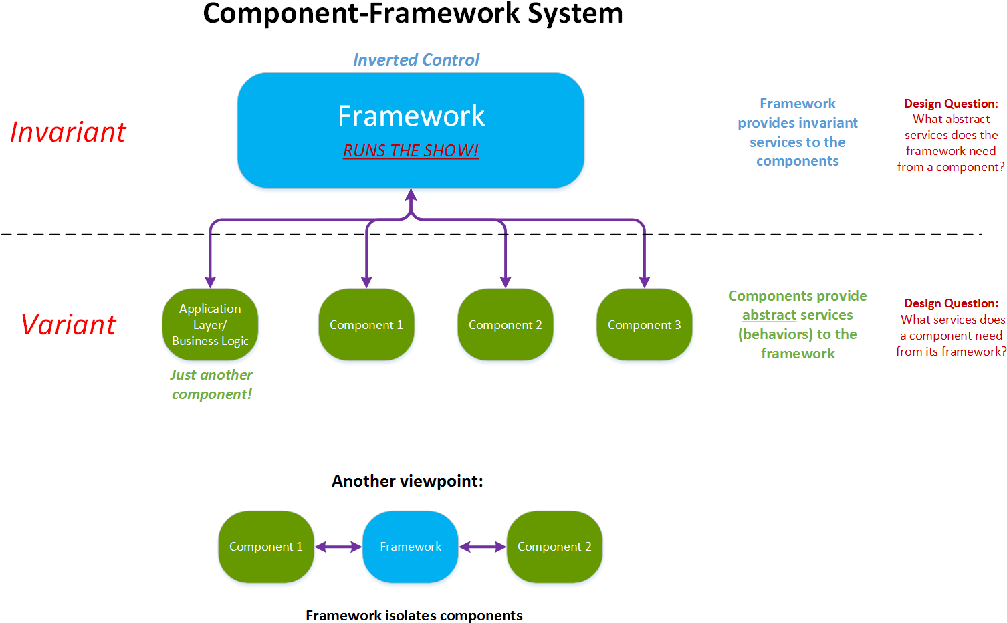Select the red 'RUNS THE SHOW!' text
coord(411,150)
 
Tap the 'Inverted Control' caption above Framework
coord(416,60)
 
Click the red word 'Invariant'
coord(68,132)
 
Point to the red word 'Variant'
coord(69,325)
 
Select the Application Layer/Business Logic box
coord(210,325)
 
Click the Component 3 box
coord(644,325)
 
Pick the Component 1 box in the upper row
coord(366,325)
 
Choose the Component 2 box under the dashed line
coord(505,325)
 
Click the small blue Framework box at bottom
coord(411,547)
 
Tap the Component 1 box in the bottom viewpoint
coord(265,547)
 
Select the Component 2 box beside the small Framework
coord(554,547)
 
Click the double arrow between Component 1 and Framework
coord(338,547)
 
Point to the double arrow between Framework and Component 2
coord(483,547)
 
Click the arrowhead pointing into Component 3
coord(644,282)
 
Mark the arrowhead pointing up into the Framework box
coord(411,195)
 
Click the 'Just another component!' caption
coord(211,384)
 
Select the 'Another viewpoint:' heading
coord(407,481)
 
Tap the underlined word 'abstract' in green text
coord(768,315)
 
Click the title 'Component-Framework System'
coord(413,13)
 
